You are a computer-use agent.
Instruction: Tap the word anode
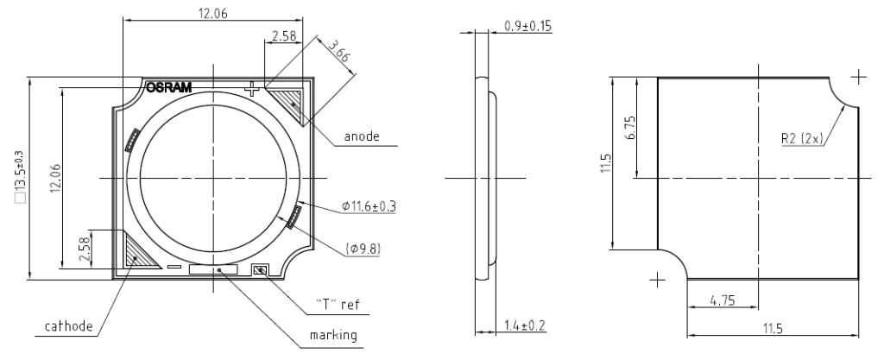(x=362, y=136)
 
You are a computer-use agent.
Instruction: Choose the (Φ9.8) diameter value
(x=365, y=249)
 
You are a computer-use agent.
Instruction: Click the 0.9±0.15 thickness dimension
(x=527, y=25)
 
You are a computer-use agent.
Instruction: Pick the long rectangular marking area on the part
(x=212, y=270)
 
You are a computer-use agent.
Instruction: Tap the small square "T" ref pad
(x=260, y=270)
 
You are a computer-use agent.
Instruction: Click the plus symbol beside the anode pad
(x=253, y=88)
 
